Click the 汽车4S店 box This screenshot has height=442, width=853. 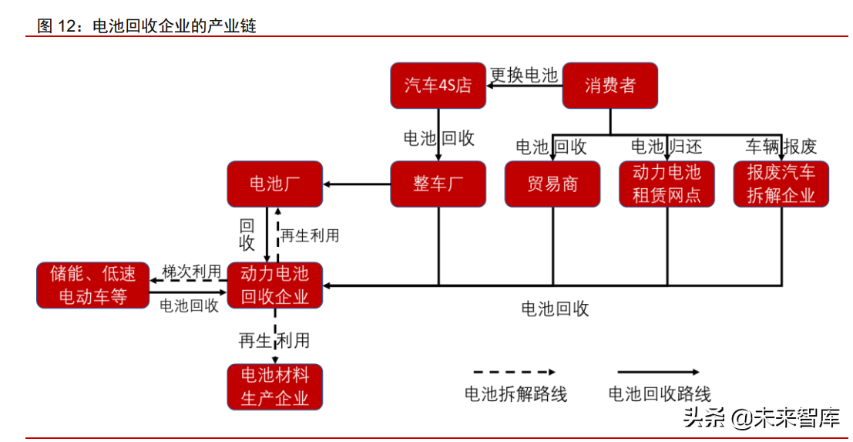[438, 85]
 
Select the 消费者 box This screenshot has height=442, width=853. [610, 85]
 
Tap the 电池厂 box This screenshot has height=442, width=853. [274, 184]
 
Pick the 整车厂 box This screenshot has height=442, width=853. [438, 184]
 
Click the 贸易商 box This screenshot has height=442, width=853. [552, 184]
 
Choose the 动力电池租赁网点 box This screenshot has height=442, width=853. [667, 184]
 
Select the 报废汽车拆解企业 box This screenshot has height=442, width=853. [781, 184]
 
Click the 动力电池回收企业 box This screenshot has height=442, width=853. [274, 285]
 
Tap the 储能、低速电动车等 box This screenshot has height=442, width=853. [93, 285]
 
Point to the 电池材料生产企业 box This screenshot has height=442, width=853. [274, 386]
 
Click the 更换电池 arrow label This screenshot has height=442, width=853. [524, 75]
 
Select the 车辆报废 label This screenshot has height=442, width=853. [781, 146]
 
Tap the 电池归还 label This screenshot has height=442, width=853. [667, 146]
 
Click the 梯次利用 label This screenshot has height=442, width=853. [191, 272]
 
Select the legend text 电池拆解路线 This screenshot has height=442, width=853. [515, 394]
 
